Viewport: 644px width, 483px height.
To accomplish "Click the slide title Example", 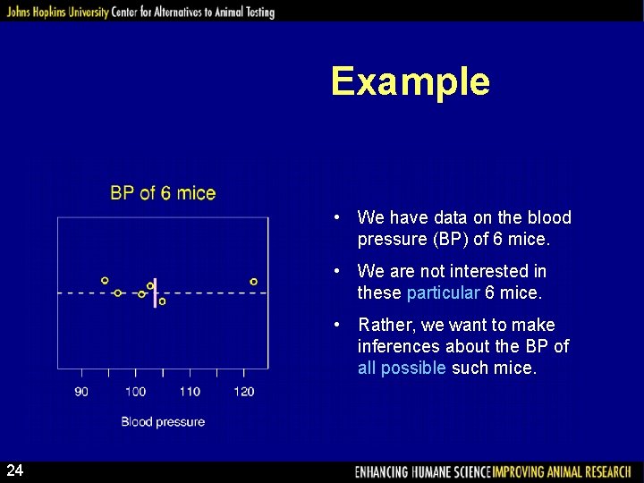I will pyautogui.click(x=410, y=81).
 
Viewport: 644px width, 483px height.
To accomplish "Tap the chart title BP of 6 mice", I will pyautogui.click(x=163, y=192).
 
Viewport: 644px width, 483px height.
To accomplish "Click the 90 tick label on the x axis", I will pyautogui.click(x=81, y=391).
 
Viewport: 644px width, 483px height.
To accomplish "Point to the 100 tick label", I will pyautogui.click(x=135, y=391).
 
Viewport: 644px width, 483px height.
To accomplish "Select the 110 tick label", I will pyautogui.click(x=190, y=391).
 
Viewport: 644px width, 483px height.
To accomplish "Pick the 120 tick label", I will pyautogui.click(x=244, y=391).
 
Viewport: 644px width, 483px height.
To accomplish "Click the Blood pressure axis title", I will pyautogui.click(x=163, y=421).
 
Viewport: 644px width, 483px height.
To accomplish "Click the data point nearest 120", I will pyautogui.click(x=254, y=282).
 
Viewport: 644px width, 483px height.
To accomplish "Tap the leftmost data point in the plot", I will pyautogui.click(x=105, y=281).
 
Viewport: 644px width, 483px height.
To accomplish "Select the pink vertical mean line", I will pyautogui.click(x=156, y=290).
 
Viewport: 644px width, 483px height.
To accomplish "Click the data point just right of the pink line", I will pyautogui.click(x=162, y=301).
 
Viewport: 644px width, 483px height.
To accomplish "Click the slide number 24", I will pyautogui.click(x=15, y=470).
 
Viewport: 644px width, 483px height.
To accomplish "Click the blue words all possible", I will pyautogui.click(x=401, y=368).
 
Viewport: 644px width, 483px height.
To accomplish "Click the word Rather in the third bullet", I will pyautogui.click(x=383, y=325).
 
